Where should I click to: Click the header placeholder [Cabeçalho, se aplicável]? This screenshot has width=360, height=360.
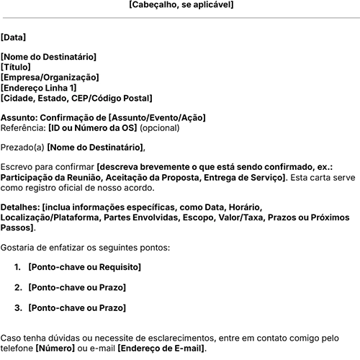[181, 5]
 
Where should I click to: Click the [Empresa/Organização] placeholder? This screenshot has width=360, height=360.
[50, 78]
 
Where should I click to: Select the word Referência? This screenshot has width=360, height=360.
[23, 128]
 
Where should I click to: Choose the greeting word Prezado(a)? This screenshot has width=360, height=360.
[23, 148]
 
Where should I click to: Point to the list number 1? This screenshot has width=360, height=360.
[18, 267]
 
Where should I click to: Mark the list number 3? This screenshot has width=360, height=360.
[18, 308]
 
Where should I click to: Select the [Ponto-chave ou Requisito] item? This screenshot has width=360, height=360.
[82, 267]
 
